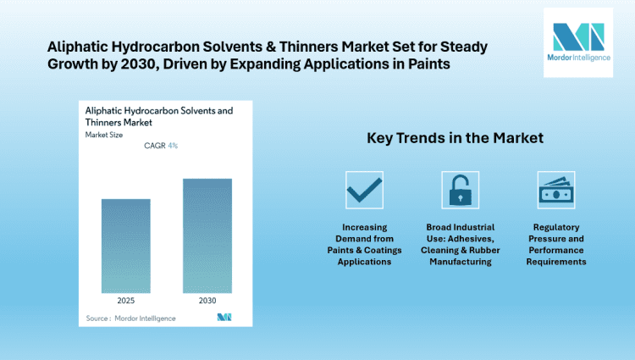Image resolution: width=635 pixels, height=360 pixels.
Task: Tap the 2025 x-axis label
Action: coord(125,299)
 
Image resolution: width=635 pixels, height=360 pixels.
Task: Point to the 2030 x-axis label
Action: coord(207,299)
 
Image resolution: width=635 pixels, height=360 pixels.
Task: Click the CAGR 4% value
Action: coord(161,146)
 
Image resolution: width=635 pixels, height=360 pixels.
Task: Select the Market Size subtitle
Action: coord(103,134)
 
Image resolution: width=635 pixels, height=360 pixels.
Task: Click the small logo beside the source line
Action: coord(224,318)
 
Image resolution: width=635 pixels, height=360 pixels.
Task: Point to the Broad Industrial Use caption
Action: coord(460,245)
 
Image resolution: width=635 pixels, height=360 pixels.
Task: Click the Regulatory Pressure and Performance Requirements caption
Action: coord(556,245)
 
